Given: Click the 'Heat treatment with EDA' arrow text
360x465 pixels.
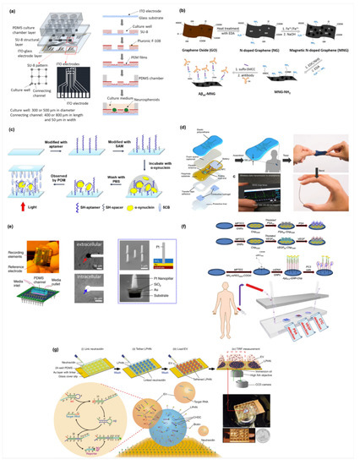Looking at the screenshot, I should tap(237, 26).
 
